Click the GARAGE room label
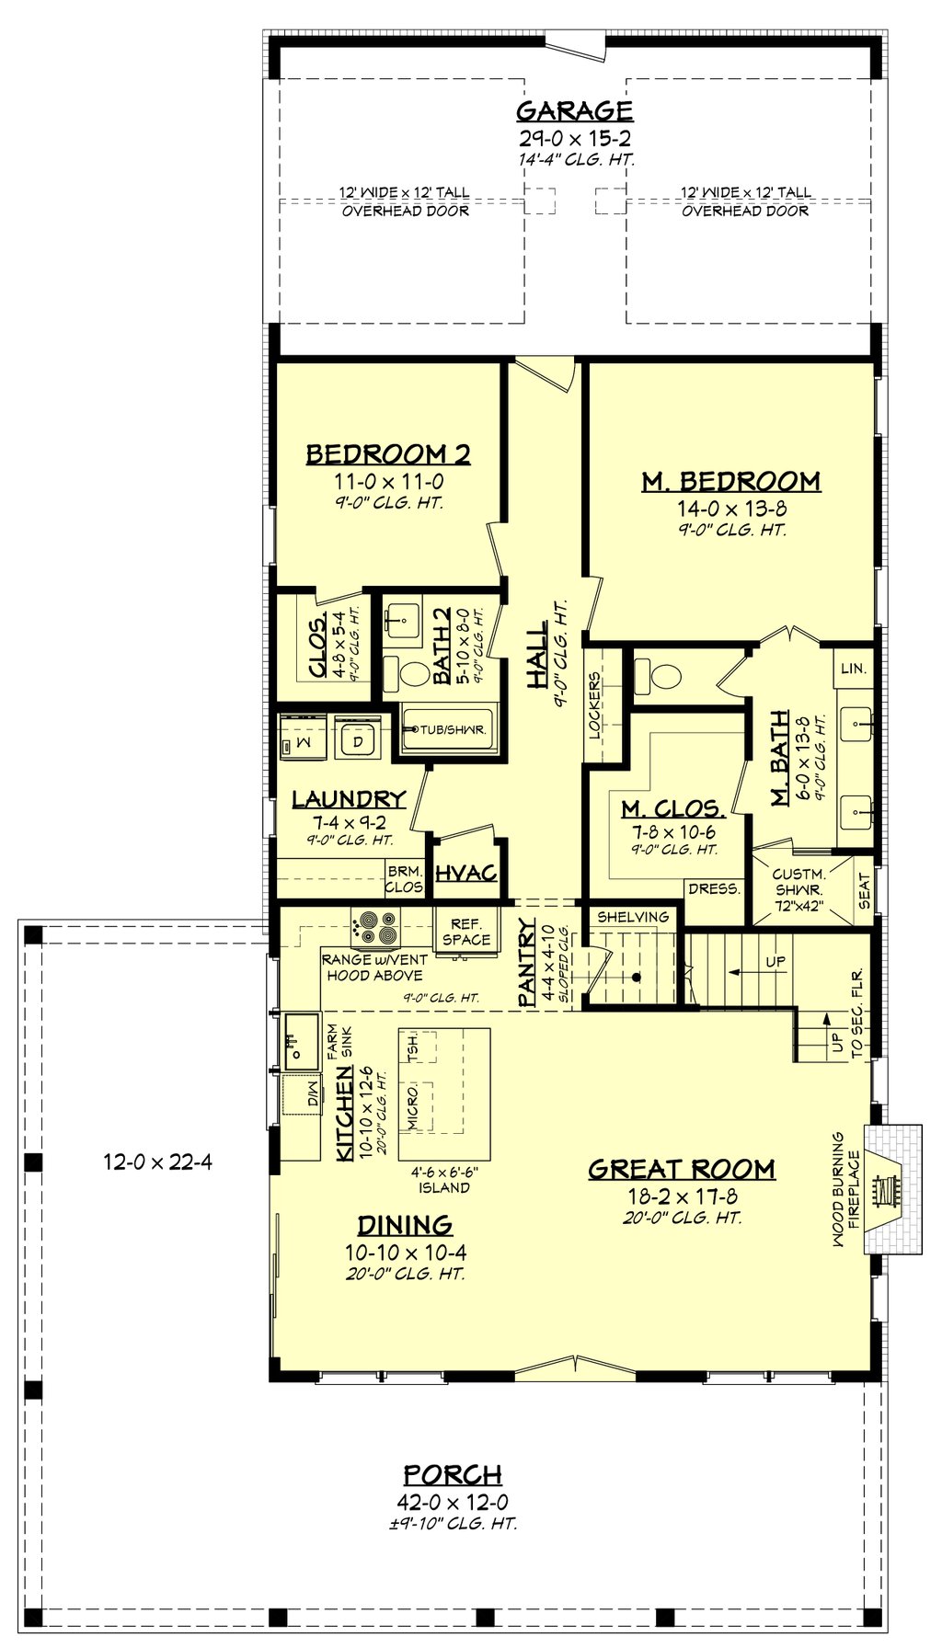tap(574, 111)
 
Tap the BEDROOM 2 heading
tap(387, 454)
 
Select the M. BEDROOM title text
tap(730, 481)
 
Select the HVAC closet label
tap(465, 873)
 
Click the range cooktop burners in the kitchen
tap(374, 926)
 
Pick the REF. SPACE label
tap(465, 932)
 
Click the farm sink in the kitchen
tap(300, 1042)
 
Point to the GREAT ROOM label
tap(681, 1169)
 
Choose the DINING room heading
tap(405, 1224)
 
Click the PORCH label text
tap(453, 1475)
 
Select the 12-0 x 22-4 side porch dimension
tap(157, 1162)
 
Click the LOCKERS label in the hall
tap(594, 706)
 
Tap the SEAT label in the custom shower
tap(864, 891)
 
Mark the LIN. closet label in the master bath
tap(853, 669)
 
